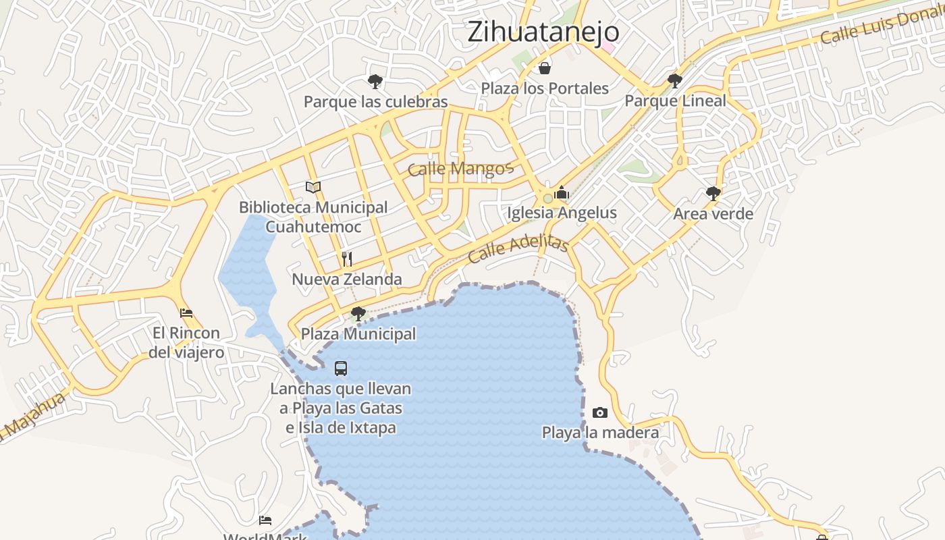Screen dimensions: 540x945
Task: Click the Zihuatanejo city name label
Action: (543, 32)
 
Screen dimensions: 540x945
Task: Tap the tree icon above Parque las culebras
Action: (375, 82)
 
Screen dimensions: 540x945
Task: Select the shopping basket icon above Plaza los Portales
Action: (545, 68)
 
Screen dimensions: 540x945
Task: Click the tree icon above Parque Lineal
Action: (674, 81)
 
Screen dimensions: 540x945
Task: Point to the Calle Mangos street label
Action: (460, 168)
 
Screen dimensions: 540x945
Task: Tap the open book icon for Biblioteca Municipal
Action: (313, 187)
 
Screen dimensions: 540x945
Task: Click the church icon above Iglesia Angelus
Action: (562, 193)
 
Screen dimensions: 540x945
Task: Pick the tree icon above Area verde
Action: (713, 194)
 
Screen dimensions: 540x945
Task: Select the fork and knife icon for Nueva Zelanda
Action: (347, 259)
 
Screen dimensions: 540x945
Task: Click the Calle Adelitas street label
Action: (518, 248)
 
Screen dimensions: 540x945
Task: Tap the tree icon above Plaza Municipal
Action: (358, 313)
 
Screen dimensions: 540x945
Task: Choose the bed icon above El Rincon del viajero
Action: (186, 313)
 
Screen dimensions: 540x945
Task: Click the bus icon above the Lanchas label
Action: (341, 369)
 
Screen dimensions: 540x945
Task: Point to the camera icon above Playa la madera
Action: (599, 412)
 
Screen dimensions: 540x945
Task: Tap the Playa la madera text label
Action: (600, 432)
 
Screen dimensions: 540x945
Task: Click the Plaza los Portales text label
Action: (545, 88)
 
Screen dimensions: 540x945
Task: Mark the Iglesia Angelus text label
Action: (562, 213)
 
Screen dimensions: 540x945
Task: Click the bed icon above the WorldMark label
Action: (265, 520)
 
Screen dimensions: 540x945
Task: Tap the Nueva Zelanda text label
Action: (347, 279)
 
